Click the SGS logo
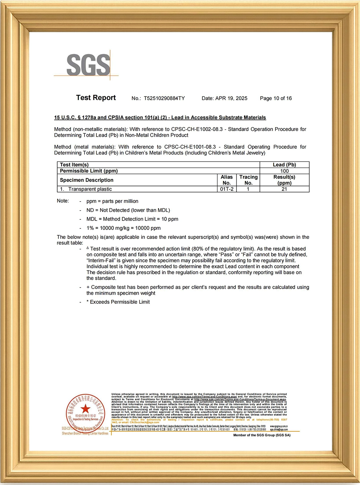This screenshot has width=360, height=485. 88,65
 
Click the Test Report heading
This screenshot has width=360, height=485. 96,98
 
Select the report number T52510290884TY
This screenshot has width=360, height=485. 164,98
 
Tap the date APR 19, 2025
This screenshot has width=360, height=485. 231,98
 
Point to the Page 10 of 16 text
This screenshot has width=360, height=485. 276,98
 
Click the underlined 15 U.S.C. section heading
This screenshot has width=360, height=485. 160,117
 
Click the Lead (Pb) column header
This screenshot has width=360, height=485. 284,165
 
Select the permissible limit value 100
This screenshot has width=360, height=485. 284,171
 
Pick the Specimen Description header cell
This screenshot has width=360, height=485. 87,180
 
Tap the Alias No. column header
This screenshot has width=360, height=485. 227,180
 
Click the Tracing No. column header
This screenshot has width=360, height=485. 248,180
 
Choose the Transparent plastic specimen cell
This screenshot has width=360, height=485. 90,189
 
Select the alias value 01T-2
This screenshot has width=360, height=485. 227,189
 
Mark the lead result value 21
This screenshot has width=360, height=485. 284,189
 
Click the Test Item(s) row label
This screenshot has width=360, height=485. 74,165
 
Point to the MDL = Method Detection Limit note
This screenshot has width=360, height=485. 132,219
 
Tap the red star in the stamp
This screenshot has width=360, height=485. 85,409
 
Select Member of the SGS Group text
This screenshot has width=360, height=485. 262,435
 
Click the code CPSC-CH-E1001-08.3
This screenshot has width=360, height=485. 190,147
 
